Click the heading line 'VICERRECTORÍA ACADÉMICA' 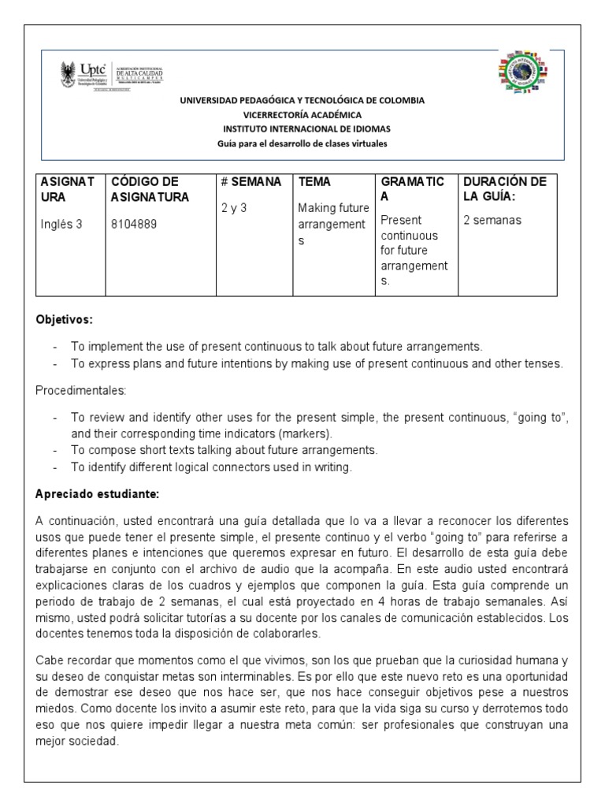point(302,114)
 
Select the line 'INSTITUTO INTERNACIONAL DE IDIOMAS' point(302,128)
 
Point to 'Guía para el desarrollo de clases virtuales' point(302,143)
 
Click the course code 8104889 point(135,223)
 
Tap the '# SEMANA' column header point(251,182)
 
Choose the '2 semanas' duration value point(492,221)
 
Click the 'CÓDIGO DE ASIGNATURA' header point(150,189)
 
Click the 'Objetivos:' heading point(65,321)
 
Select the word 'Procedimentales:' point(75,391)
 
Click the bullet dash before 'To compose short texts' point(55,450)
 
